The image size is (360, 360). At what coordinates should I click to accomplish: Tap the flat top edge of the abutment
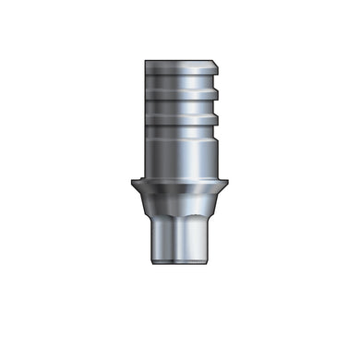click(180, 60)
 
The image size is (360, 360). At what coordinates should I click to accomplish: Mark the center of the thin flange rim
click(181, 184)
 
